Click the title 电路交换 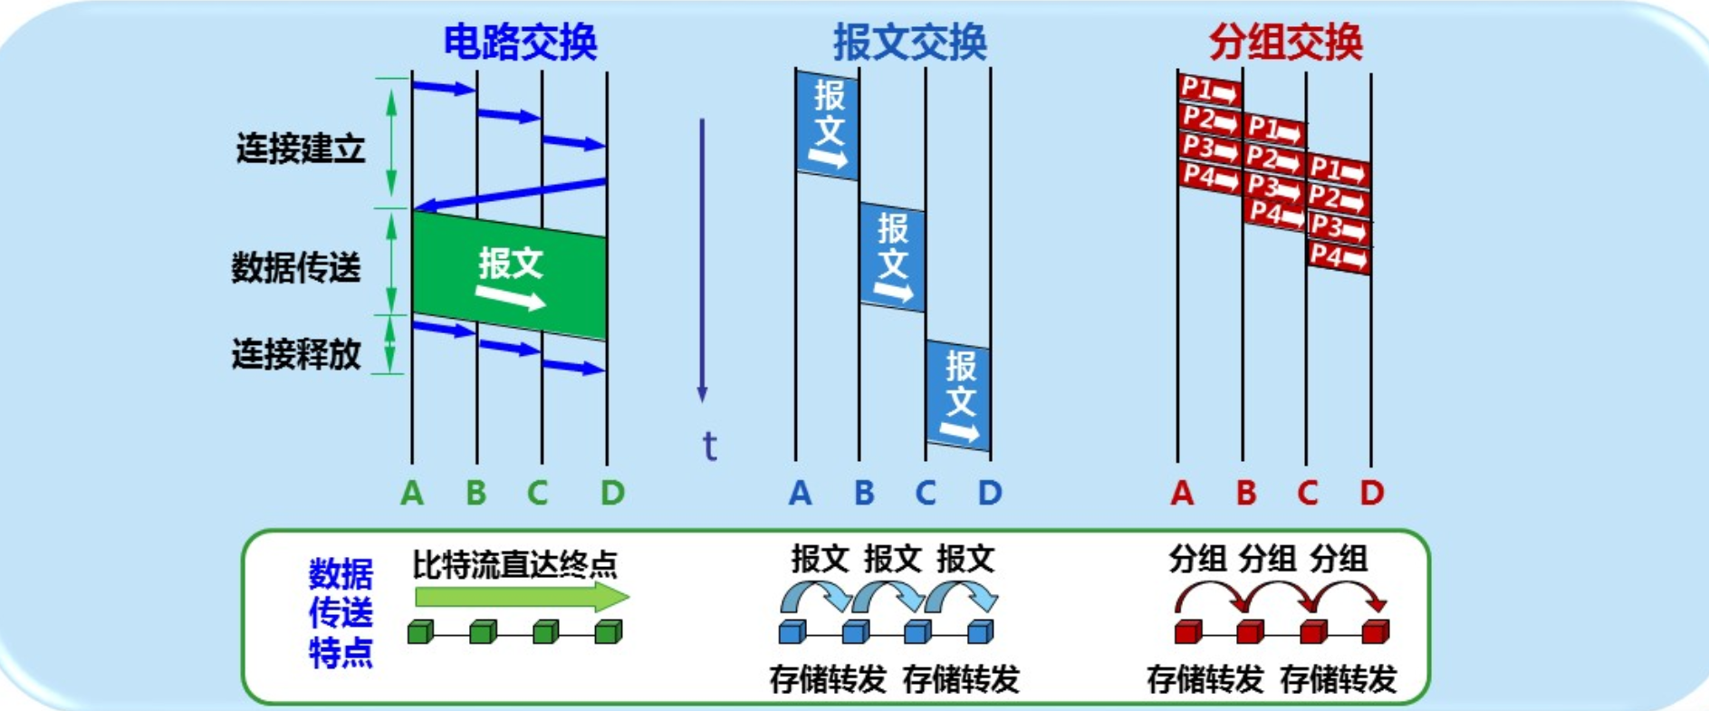[x=520, y=42]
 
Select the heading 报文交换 [x=909, y=42]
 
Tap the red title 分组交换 [x=1285, y=42]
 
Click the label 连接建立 [x=301, y=148]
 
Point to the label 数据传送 [x=296, y=267]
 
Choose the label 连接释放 [x=296, y=353]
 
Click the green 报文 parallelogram [x=509, y=275]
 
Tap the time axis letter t [x=709, y=447]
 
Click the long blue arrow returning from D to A [x=509, y=195]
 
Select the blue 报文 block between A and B [x=828, y=124]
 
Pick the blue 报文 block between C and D [x=958, y=396]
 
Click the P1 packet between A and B [x=1209, y=91]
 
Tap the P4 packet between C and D [x=1338, y=257]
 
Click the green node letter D [x=612, y=493]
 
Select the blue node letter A [x=800, y=493]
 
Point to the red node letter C [x=1307, y=493]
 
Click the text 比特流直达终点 [x=514, y=564]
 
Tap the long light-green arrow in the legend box [x=521, y=597]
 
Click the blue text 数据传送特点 [x=341, y=613]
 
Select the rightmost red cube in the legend [x=1375, y=631]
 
